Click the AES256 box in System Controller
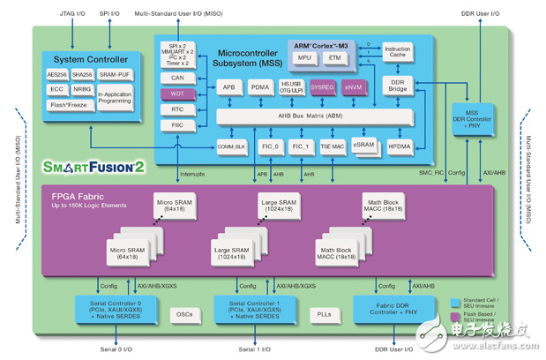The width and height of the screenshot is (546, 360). coord(57,75)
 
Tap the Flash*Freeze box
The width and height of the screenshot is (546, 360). coord(70,104)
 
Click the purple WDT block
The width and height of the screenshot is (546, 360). coord(177,94)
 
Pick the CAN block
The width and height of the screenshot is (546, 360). coord(177,78)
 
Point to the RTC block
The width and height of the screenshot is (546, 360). coord(177,109)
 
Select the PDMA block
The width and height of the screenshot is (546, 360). coord(259,88)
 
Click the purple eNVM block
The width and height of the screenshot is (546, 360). coord(353,88)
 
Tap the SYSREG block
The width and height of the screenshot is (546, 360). coord(323,88)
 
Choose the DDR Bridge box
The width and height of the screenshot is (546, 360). coord(398,85)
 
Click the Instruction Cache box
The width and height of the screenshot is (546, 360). coord(397,52)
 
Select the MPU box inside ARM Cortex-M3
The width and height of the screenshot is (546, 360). coord(304,58)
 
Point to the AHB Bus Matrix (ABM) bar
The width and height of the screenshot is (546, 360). coord(292,116)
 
